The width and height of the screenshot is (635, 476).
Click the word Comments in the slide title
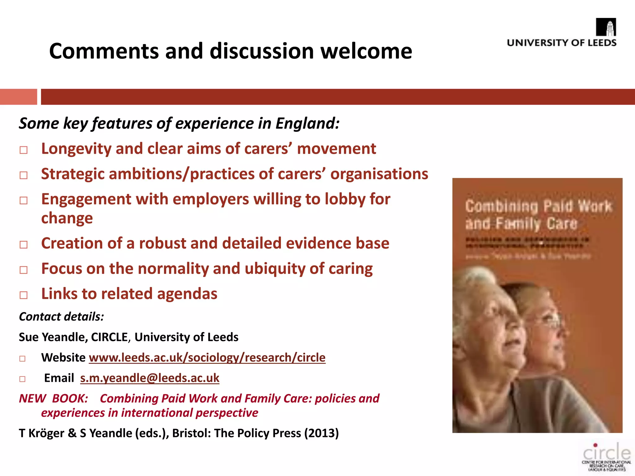pos(104,51)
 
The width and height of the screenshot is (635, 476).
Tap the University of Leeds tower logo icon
pos(606,27)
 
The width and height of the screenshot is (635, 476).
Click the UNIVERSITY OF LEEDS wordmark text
pos(562,43)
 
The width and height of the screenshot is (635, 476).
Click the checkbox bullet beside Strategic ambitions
pos(24,175)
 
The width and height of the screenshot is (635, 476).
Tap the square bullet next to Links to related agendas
pos(24,295)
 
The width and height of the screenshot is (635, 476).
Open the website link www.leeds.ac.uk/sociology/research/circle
pos(207,358)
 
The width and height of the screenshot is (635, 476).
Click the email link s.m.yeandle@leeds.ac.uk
pos(150,378)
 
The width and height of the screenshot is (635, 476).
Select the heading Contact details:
pos(61,317)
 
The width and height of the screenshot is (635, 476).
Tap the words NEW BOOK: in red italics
pos(54,399)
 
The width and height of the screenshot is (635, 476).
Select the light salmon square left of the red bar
pos(18,97)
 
